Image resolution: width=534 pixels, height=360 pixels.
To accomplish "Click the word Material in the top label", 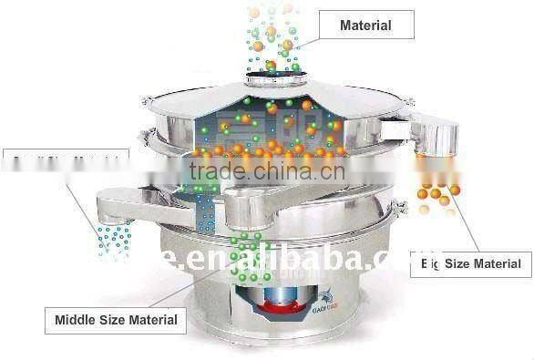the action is coord(365,25).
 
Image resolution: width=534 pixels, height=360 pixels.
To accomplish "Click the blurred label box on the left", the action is coord(65,163).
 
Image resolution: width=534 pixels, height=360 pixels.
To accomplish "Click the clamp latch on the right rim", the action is coord(398,211).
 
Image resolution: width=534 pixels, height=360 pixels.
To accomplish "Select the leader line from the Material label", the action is coord(306,36).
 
